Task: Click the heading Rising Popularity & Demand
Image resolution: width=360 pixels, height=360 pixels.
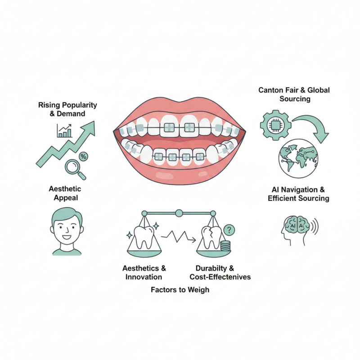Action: (67, 109)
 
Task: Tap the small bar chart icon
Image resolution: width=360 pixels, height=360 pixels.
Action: (64, 130)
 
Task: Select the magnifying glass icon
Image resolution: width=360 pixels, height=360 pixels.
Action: (72, 168)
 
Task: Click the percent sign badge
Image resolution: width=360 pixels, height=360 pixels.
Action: (83, 156)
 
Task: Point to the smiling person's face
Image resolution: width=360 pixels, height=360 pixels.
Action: (66, 227)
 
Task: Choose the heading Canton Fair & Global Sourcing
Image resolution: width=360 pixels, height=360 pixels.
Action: (294, 94)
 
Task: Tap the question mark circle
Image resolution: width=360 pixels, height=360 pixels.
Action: (229, 230)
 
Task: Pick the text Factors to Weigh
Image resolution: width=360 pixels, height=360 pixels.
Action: (180, 289)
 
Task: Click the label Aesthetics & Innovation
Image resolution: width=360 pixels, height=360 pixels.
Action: (142, 272)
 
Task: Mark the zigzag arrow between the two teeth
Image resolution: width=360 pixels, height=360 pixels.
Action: (177, 238)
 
